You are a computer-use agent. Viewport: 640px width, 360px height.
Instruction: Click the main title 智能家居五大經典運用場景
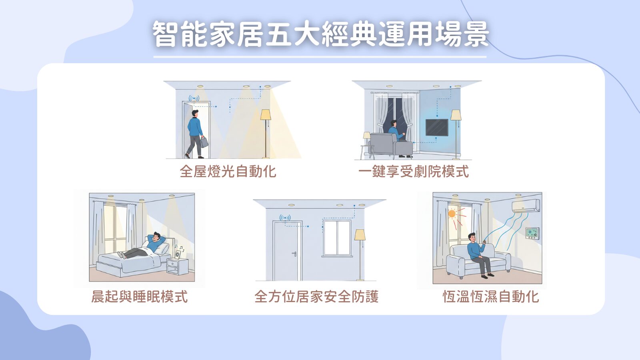pos(320,34)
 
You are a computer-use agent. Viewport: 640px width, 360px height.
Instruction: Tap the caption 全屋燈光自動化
pos(228,172)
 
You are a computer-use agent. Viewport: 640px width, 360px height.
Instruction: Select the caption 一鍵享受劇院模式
pos(414,172)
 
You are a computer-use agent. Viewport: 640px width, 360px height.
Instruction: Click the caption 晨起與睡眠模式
pos(140,296)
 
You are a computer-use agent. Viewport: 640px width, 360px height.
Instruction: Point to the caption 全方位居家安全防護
pos(316,296)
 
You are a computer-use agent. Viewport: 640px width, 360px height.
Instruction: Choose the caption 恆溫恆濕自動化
pos(490,296)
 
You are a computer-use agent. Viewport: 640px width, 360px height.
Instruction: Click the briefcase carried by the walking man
pos(204,142)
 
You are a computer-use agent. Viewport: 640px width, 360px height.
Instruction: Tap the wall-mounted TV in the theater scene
pos(437,128)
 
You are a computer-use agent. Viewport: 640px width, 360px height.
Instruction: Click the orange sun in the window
pos(452,214)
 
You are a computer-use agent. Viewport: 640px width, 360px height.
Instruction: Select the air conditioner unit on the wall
pos(526,206)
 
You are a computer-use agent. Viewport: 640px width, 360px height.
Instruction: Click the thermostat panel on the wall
pos(532,233)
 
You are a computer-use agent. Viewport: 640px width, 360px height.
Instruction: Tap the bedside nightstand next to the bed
pos(178,266)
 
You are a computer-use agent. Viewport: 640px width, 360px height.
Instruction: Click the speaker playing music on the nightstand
pos(178,254)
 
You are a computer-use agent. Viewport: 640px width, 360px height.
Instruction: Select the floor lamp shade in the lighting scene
pos(266,114)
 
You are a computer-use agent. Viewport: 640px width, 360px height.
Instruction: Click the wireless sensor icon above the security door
pos(285,218)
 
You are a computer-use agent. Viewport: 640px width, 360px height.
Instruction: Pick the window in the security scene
pos(337,238)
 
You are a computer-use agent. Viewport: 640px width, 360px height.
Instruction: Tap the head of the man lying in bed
pos(156,236)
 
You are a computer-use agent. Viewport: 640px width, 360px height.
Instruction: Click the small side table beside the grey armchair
pos(366,152)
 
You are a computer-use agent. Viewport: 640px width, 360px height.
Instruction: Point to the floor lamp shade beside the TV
pos(456,115)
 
